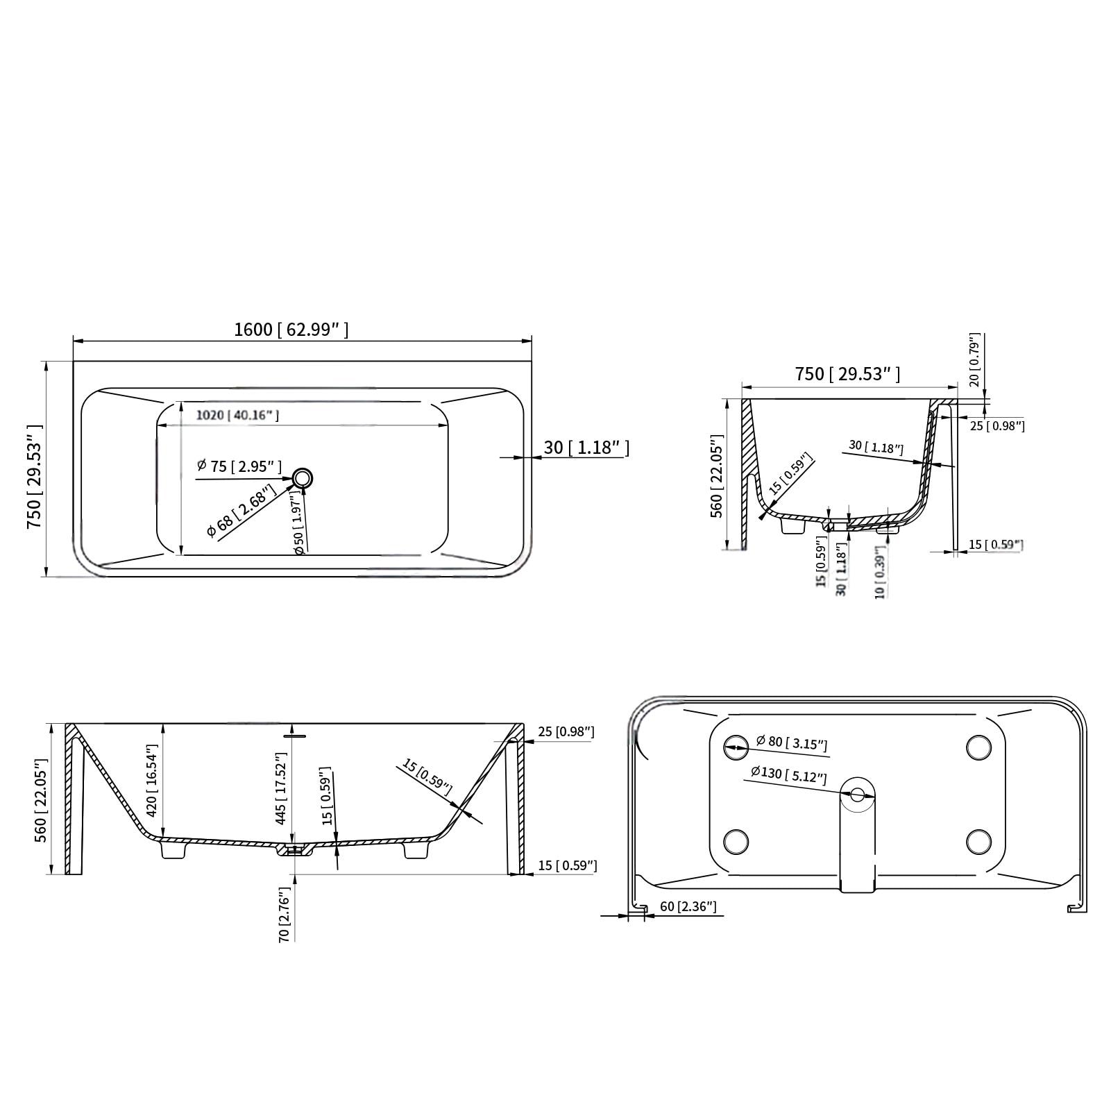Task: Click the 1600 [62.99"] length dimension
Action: click(x=291, y=330)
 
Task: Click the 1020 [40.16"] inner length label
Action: click(x=237, y=415)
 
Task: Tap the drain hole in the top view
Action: click(x=303, y=477)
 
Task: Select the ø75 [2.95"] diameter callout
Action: click(x=239, y=466)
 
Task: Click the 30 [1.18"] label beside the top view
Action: click(x=586, y=448)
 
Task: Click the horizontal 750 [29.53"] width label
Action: click(x=847, y=374)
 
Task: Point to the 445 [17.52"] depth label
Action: click(x=281, y=789)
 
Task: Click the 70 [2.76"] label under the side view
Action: click(x=283, y=914)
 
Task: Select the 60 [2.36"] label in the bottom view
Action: click(x=688, y=906)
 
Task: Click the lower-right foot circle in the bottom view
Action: click(x=978, y=841)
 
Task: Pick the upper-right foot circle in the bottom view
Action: click(x=978, y=747)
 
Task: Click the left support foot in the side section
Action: click(x=173, y=849)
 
